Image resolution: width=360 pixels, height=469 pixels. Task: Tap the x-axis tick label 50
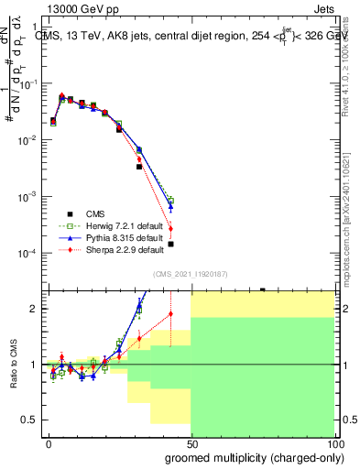tap(191, 443)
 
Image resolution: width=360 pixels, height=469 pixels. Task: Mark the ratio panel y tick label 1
tap(34, 365)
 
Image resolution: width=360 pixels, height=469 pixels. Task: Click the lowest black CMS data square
tap(170, 244)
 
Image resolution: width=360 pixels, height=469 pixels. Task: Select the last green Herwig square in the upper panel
tap(170, 201)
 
